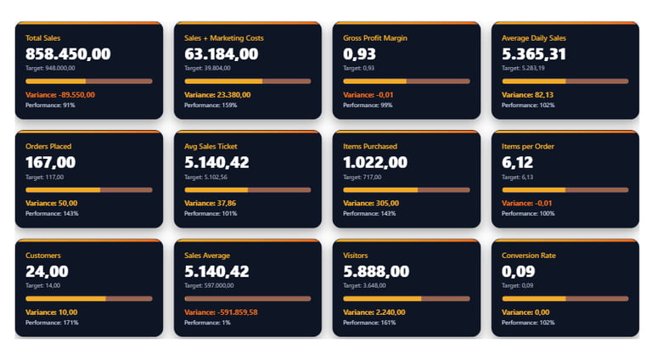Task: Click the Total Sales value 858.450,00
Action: (68, 53)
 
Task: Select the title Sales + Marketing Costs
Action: (223, 37)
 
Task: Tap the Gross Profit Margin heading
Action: (377, 37)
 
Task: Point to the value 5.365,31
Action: (534, 53)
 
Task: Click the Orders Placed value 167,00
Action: (50, 162)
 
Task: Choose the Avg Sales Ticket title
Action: (211, 146)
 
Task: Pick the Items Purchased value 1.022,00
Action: (374, 162)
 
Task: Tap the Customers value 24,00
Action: (47, 271)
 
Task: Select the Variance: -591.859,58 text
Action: (221, 312)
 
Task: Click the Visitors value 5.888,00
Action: (376, 271)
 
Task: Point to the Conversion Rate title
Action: (529, 255)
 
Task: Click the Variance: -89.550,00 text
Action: (59, 94)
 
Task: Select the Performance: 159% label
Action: (211, 105)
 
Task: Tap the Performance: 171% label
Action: (52, 323)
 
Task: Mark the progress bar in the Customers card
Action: (88, 299)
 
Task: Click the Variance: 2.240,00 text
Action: (374, 312)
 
